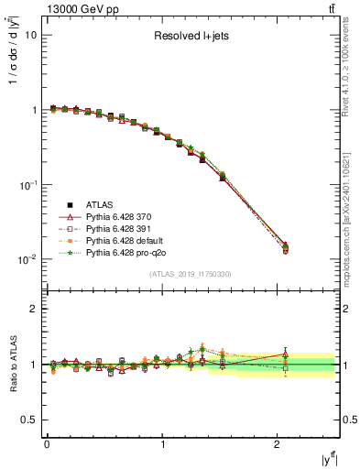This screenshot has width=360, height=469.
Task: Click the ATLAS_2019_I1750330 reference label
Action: [x=190, y=274]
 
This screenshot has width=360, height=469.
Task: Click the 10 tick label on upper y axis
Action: [x=30, y=35]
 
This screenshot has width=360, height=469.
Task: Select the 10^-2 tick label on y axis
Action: [x=27, y=260]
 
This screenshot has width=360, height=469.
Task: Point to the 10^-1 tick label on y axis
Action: [x=27, y=185]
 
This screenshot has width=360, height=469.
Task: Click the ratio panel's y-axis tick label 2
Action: [x=35, y=309]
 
